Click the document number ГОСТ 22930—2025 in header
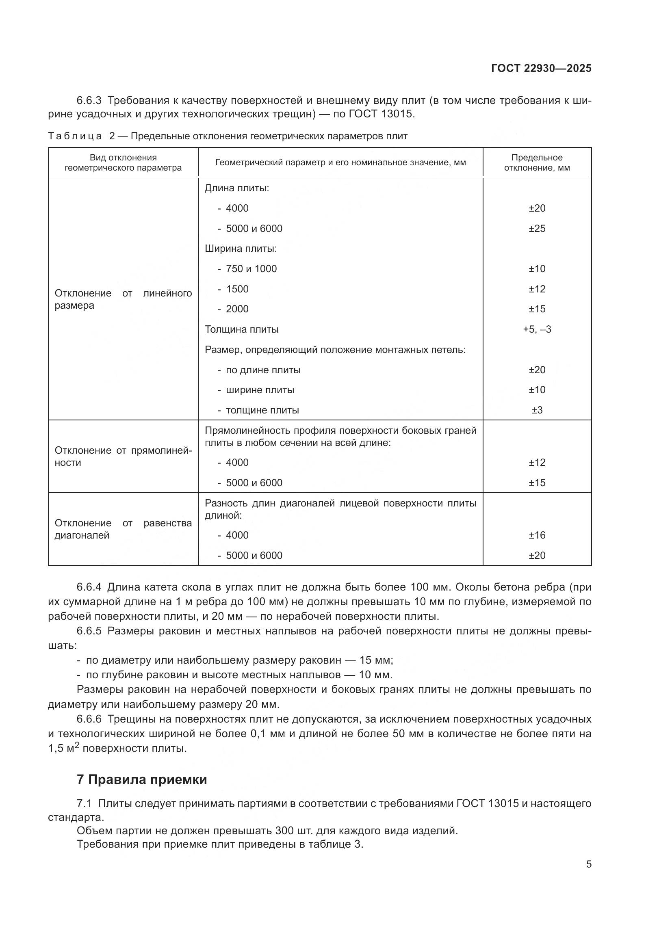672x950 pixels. [x=541, y=68]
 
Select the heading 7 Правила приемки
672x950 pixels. [x=141, y=779]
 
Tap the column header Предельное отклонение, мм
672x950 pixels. [x=537, y=162]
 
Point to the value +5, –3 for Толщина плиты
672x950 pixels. [x=537, y=329]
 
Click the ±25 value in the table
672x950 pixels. [x=537, y=228]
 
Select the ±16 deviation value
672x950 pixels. [x=537, y=535]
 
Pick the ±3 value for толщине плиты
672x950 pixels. [x=537, y=410]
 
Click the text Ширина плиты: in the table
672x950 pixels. [x=241, y=249]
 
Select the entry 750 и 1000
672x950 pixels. [x=251, y=269]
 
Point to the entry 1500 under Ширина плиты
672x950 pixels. [x=237, y=289]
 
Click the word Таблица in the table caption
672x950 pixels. [x=75, y=136]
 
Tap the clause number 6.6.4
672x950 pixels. [x=89, y=587]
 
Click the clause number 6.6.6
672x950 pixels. [x=89, y=719]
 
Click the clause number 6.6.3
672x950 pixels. [x=89, y=101]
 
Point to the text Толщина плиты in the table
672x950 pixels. [x=242, y=329]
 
